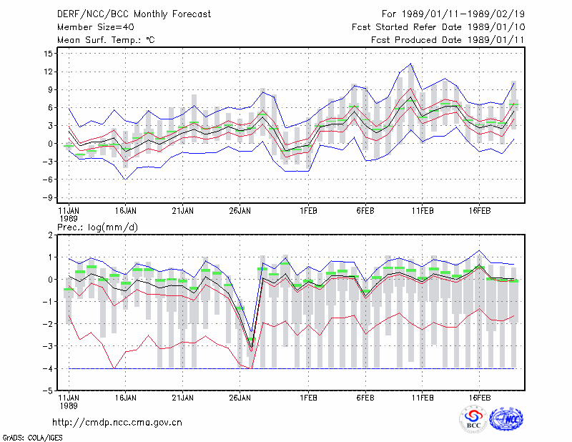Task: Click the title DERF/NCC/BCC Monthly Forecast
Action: pos(134,14)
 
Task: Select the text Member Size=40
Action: pos(96,27)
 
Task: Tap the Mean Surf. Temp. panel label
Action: pos(106,40)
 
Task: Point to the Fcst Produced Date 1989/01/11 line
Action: pos(448,40)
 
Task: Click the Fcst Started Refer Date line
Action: pos(438,27)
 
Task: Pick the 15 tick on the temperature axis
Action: pos(49,54)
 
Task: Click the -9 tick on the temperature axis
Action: pos(47,197)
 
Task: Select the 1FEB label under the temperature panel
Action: pos(308,211)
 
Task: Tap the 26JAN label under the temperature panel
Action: pos(240,211)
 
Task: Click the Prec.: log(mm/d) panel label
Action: pos(97,227)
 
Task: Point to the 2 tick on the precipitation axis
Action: pos(50,235)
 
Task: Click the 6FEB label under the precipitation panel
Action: pos(365,398)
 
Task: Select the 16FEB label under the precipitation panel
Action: pos(479,398)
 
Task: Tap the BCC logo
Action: pos(473,419)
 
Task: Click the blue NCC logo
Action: pos(506,419)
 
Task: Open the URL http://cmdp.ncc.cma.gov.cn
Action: pos(117,423)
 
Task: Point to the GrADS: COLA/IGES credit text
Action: pos(32,437)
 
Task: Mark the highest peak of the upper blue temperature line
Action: pos(410,64)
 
